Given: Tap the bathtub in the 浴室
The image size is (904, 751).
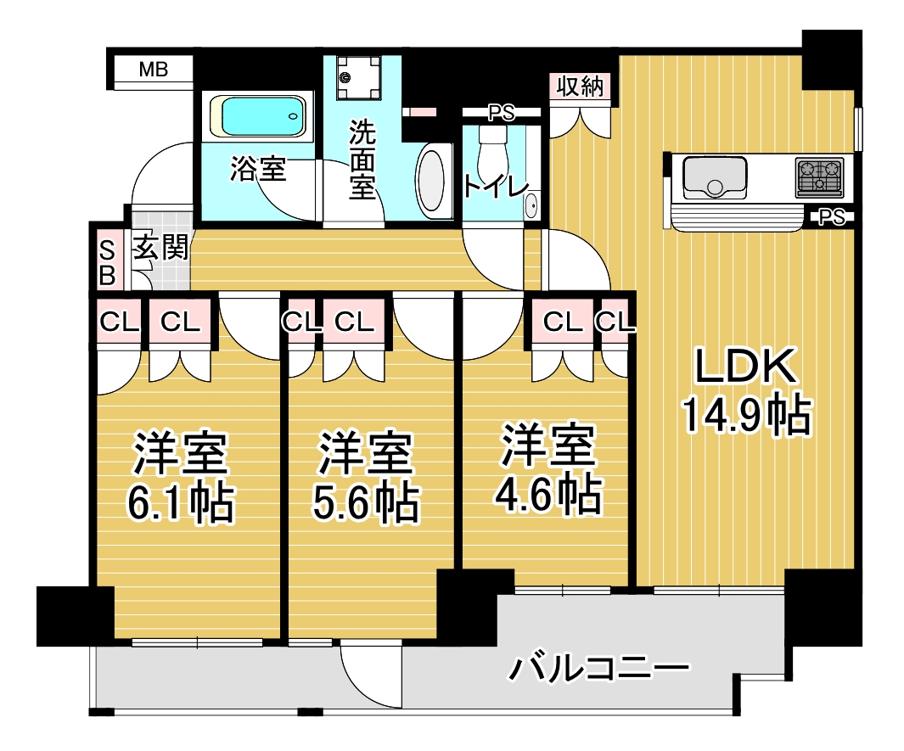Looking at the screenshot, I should [260, 116].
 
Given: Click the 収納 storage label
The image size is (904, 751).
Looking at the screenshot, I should [580, 87].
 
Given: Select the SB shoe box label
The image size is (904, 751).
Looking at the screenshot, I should [108, 262].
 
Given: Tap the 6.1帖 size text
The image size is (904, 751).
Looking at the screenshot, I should [180, 504].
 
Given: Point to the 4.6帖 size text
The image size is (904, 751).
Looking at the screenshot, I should [547, 492].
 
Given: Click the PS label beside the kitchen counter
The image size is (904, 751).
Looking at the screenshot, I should [833, 218].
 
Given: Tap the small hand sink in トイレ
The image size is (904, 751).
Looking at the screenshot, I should [531, 206].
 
